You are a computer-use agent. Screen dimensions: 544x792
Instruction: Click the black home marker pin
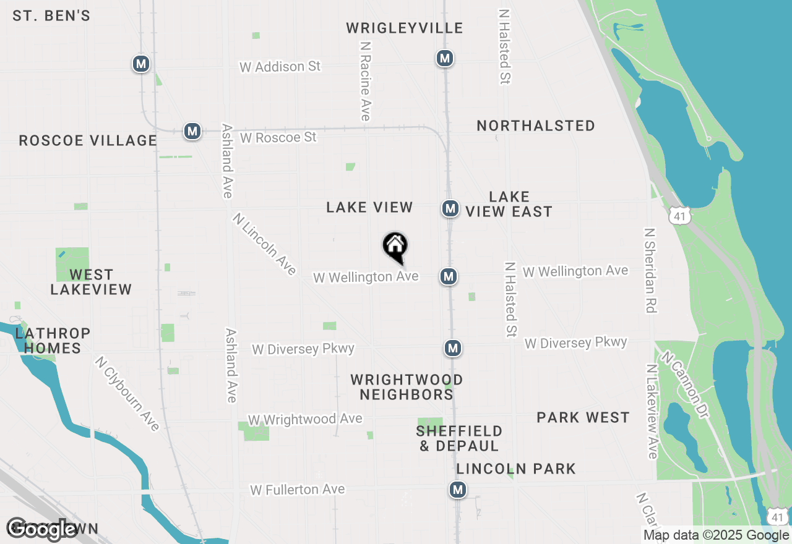395,247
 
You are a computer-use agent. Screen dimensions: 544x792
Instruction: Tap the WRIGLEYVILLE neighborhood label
405,28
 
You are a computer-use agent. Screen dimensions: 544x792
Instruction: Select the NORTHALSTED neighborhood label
536,125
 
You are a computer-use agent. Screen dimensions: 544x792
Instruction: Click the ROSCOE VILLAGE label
88,140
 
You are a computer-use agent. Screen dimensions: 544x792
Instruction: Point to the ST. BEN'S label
51,16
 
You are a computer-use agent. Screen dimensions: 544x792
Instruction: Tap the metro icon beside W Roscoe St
192,131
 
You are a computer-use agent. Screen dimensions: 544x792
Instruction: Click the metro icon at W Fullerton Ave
457,490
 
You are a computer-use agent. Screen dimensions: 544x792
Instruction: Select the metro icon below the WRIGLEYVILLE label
444,58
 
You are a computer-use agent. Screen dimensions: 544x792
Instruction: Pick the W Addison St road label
280,66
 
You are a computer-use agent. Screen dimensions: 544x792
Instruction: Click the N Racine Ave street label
365,82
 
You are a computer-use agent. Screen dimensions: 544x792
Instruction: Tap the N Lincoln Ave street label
265,244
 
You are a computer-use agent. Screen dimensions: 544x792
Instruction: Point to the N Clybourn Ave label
127,393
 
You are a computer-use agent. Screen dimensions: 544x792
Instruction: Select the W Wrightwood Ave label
305,419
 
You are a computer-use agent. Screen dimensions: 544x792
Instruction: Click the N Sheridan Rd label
650,270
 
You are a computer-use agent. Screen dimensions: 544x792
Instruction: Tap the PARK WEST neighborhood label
583,418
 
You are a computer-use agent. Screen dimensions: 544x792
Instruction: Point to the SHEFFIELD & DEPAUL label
459,438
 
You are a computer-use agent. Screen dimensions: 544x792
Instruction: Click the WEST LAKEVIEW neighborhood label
91,282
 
